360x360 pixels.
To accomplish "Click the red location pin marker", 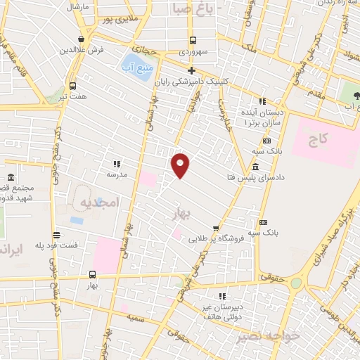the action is [x=181, y=165].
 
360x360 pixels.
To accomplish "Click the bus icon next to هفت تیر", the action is [x=83, y=85].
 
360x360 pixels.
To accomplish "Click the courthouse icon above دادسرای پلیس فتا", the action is [x=254, y=167].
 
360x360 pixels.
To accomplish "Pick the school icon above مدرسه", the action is [x=116, y=163].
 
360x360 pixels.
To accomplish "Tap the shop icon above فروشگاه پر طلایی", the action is [x=216, y=228].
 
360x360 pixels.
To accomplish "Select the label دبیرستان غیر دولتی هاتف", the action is [x=220, y=311].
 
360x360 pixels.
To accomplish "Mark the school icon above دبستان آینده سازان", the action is [x=262, y=101].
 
